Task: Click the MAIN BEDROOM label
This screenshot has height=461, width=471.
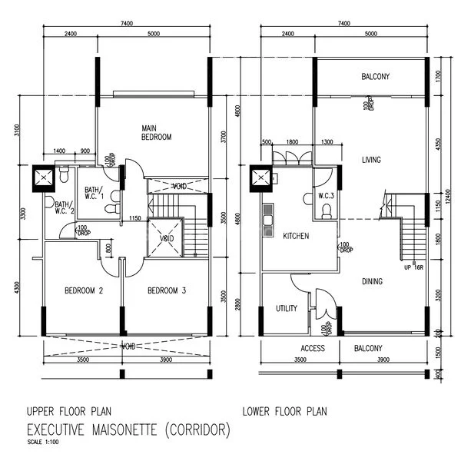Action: point(156,132)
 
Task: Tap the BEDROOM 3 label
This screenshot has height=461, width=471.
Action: point(167,290)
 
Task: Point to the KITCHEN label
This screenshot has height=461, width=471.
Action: point(296,236)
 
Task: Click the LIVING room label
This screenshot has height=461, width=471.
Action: point(372,160)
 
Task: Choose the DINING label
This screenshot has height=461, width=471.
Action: point(372,281)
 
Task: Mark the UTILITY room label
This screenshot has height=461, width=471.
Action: point(287,308)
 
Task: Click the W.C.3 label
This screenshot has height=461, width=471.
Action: point(327,197)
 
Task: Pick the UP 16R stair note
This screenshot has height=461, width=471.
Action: point(413,267)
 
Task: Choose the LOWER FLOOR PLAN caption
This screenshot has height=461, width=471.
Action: point(284,411)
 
